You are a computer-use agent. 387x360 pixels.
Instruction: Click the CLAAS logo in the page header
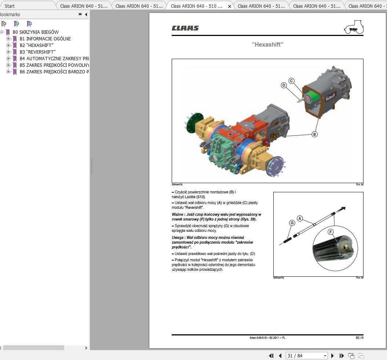pos(185,28)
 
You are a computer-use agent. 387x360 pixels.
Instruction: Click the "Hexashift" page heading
pos(267,44)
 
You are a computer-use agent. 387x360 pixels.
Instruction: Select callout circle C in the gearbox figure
pos(291,81)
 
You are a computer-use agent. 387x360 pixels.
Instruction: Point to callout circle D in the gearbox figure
pos(284,85)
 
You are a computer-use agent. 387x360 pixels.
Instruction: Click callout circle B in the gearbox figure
pos(314,134)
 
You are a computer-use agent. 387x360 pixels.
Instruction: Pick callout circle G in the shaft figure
pos(292,223)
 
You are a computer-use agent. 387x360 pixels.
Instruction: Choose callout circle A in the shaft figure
pos(300,218)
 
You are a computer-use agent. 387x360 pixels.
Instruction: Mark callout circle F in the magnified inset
pos(331,232)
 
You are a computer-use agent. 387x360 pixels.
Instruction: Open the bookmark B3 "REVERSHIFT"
pos(36,52)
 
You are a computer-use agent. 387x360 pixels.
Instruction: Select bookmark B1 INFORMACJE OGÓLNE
pos(45,39)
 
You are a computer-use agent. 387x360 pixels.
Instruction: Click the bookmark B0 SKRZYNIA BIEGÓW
pos(36,32)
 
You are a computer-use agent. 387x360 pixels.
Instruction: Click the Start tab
pos(10,6)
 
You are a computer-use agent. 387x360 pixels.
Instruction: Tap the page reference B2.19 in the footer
pos(359,338)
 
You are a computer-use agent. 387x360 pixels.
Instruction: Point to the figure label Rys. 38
pos(359,185)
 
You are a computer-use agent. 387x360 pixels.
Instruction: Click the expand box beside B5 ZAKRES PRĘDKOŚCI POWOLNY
pos(8,65)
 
